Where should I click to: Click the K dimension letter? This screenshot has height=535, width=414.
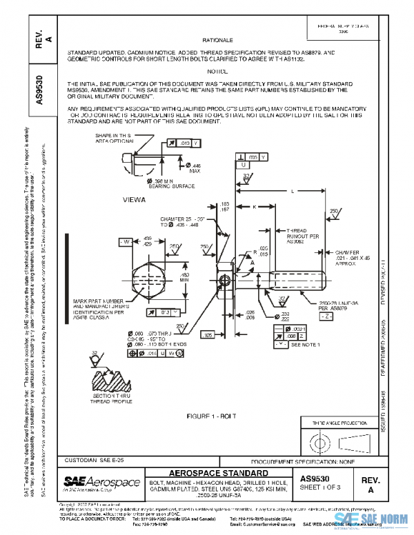click(x=255, y=206)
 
